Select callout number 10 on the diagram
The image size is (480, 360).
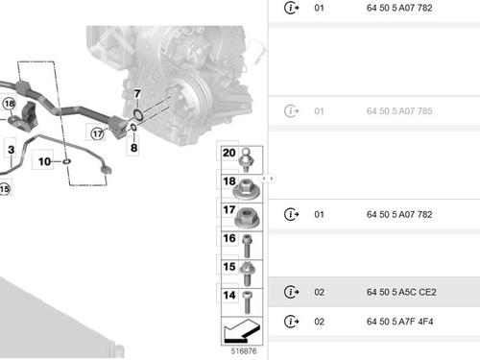pyautogui.click(x=45, y=162)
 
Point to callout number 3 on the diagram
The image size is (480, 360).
pyautogui.click(x=11, y=150)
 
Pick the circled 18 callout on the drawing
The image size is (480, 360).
pyautogui.click(x=10, y=104)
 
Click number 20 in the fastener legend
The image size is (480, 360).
pyautogui.click(x=228, y=154)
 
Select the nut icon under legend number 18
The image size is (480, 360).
pyautogui.click(x=247, y=185)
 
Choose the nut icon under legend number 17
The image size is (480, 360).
pyautogui.click(x=247, y=213)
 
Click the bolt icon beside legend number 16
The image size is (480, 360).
pyautogui.click(x=247, y=240)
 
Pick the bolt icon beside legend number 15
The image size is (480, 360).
pyautogui.click(x=247, y=269)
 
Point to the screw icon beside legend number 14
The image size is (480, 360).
pyautogui.click(x=247, y=297)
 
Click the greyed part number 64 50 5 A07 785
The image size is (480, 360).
pyautogui.click(x=399, y=111)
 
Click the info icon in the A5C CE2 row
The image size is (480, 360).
pyautogui.click(x=291, y=292)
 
